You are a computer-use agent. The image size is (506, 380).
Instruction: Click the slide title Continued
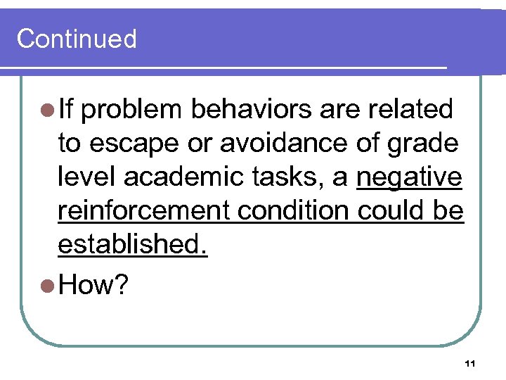(x=77, y=38)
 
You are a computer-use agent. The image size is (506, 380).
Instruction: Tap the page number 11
(x=470, y=364)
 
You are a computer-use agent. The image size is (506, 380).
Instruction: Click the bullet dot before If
(x=49, y=110)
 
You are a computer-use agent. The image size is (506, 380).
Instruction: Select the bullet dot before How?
(x=49, y=286)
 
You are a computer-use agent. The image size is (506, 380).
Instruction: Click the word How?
(x=93, y=285)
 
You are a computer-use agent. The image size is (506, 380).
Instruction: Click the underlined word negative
(x=409, y=177)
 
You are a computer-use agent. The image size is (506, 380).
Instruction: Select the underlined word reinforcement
(x=133, y=210)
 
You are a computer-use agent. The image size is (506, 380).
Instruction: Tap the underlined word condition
(x=280, y=210)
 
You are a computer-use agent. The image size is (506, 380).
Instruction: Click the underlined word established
(x=133, y=244)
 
